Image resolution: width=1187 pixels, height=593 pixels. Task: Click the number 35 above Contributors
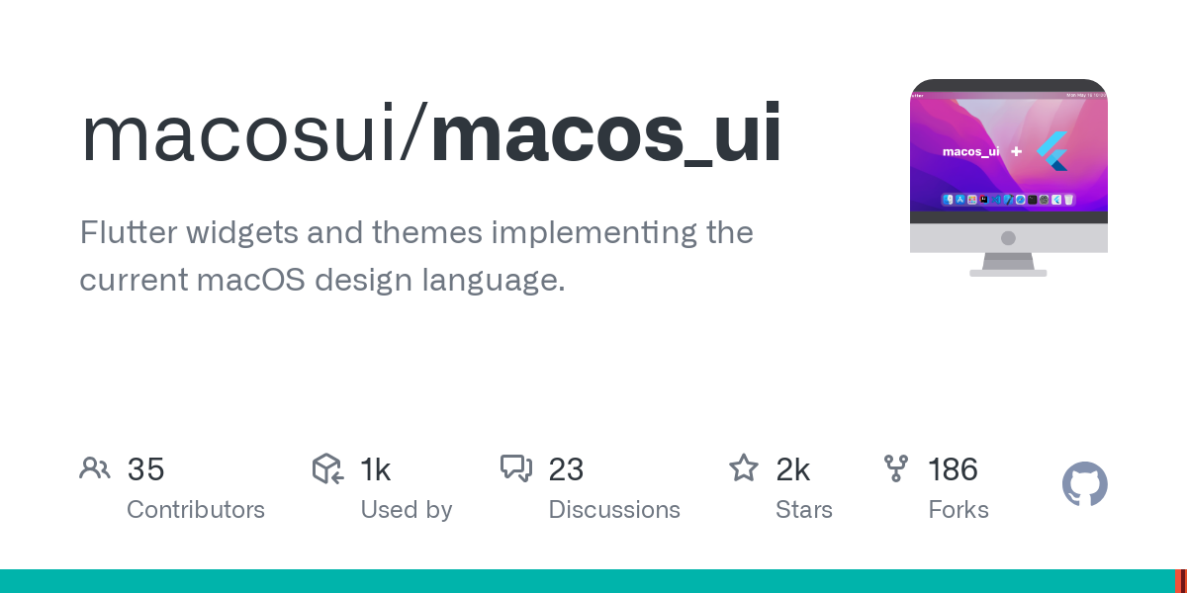(x=145, y=469)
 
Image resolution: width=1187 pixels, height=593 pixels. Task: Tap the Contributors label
(x=196, y=510)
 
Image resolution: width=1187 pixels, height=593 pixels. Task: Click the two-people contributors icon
(x=95, y=468)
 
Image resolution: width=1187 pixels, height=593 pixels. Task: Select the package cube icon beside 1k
(x=327, y=468)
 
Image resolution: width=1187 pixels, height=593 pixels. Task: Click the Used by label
(x=406, y=510)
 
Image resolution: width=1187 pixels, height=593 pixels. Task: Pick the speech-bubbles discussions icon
(x=516, y=468)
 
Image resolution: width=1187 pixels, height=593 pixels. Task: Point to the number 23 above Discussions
(x=566, y=469)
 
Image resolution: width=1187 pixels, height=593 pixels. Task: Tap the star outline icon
(x=744, y=467)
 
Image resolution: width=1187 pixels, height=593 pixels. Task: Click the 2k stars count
(x=793, y=469)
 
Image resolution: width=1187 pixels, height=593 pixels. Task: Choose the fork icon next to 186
(x=896, y=468)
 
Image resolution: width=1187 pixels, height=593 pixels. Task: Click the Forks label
(x=959, y=510)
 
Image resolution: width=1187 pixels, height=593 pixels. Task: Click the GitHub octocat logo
(x=1085, y=484)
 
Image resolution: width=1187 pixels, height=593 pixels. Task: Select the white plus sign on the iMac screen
(x=1016, y=151)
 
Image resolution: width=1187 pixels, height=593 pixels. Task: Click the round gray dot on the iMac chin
(x=1008, y=238)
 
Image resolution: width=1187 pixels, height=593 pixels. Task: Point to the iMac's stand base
(x=1008, y=272)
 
